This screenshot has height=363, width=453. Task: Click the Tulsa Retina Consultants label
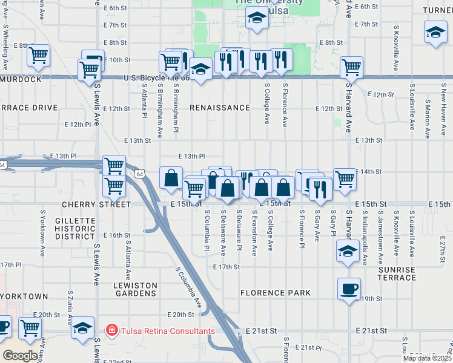(168, 331)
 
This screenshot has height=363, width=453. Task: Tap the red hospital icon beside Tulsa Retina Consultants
(111, 331)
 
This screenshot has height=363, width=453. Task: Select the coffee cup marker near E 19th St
(349, 289)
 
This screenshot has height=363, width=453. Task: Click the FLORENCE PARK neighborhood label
(276, 293)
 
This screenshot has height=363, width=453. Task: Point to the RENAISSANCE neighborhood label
(219, 108)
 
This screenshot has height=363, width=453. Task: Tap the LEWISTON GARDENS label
(135, 289)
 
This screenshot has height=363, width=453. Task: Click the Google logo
(21, 355)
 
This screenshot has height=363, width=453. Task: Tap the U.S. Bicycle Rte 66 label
(156, 77)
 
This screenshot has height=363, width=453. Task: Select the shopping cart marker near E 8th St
(39, 56)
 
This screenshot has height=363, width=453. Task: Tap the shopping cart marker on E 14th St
(345, 178)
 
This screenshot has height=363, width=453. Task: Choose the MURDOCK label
(21, 79)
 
